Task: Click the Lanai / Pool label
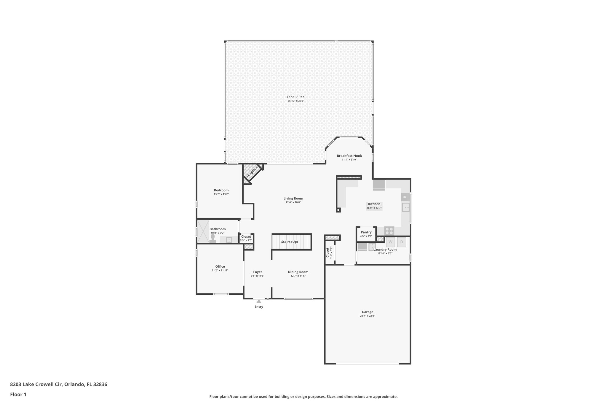point(296,97)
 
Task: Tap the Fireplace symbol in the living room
point(252,172)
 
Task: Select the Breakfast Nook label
point(349,156)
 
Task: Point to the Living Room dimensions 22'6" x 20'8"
point(293,202)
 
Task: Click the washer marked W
point(390,242)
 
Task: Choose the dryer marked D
point(402,242)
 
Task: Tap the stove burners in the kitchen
point(389,231)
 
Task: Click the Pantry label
point(366,232)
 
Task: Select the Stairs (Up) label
point(290,242)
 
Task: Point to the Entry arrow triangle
point(259,301)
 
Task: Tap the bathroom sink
point(229,240)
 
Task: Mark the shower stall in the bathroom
point(203,231)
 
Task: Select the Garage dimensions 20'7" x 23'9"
point(367,316)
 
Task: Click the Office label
point(220,266)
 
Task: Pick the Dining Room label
point(298,272)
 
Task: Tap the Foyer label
point(257,272)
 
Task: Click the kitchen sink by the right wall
point(405,207)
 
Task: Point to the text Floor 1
point(18,395)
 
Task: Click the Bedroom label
point(221,190)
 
